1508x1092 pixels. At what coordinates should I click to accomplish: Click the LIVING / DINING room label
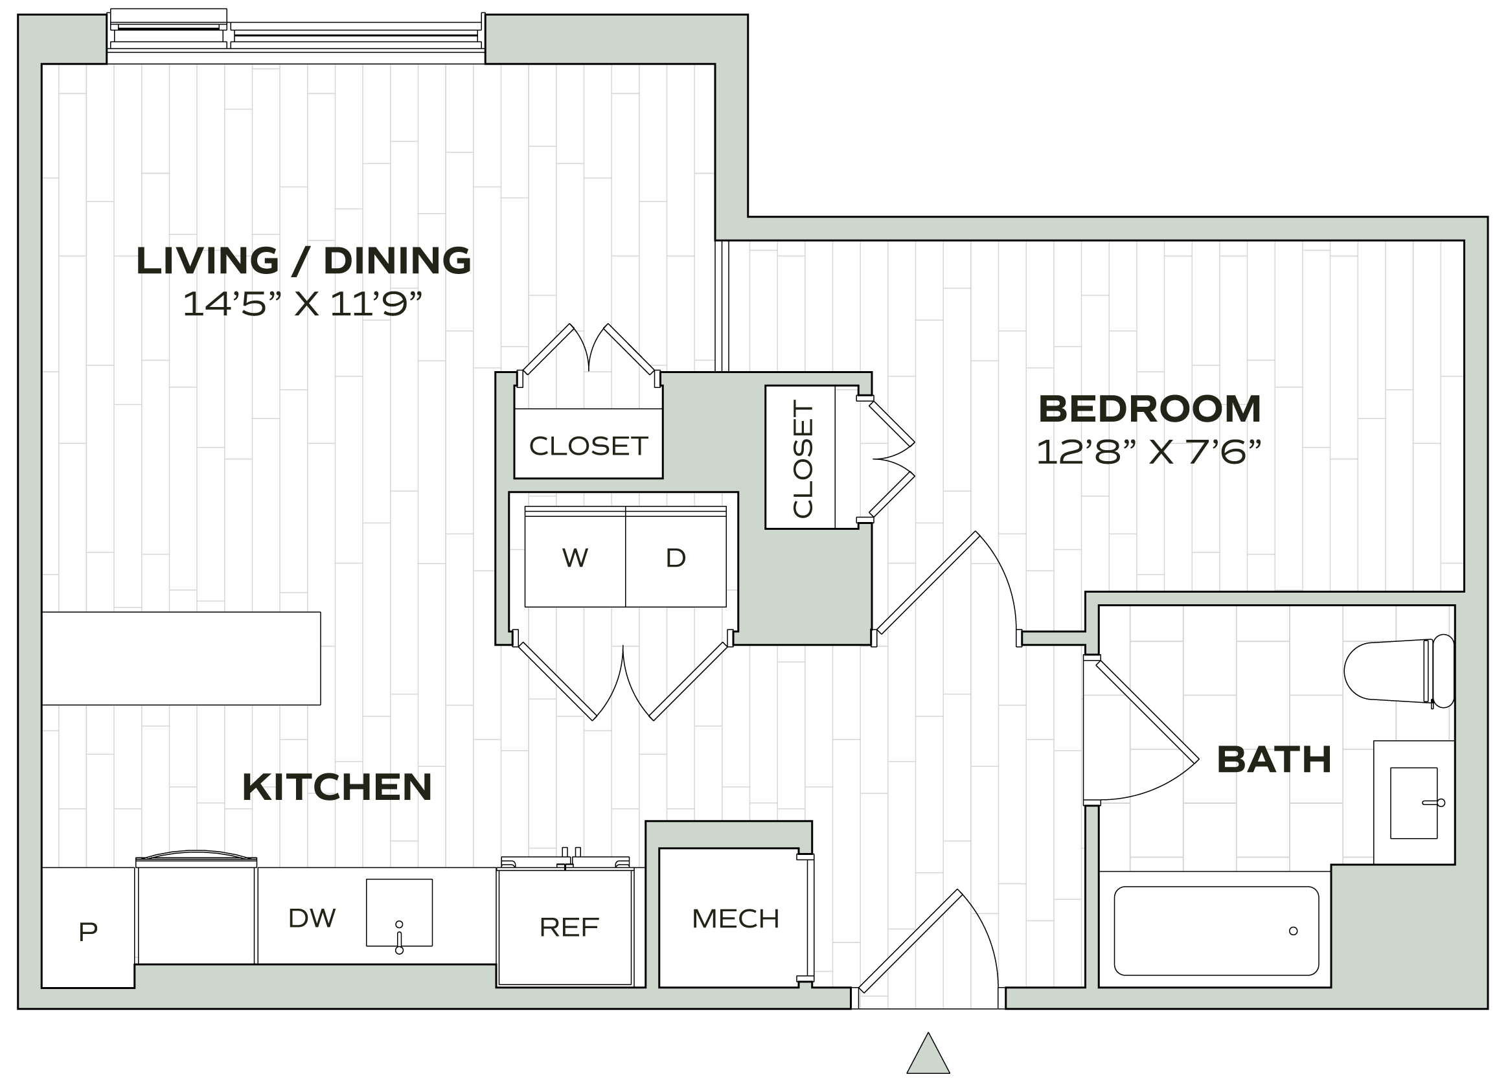(304, 260)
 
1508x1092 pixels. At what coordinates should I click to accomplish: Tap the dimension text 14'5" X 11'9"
(303, 305)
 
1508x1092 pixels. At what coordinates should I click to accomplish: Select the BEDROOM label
(1150, 409)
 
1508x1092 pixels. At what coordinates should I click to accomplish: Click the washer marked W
(575, 558)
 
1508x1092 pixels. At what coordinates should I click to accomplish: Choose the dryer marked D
(676, 558)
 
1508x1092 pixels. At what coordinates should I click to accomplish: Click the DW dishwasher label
(312, 918)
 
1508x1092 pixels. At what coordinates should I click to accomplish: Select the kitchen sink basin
(399, 911)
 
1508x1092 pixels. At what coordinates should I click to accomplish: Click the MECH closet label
(735, 918)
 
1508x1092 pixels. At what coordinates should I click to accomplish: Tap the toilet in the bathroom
(1397, 670)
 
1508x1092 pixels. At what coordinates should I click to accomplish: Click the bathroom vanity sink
(1413, 802)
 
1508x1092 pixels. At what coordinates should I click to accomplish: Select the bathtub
(1215, 931)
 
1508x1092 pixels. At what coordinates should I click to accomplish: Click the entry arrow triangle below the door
(928, 1054)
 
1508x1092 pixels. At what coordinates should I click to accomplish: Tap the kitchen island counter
(181, 658)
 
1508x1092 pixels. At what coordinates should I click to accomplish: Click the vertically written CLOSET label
(803, 458)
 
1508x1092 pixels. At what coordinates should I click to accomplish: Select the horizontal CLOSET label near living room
(588, 446)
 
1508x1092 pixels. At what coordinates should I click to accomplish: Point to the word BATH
(1274, 760)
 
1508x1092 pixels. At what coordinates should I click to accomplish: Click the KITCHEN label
(337, 787)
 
